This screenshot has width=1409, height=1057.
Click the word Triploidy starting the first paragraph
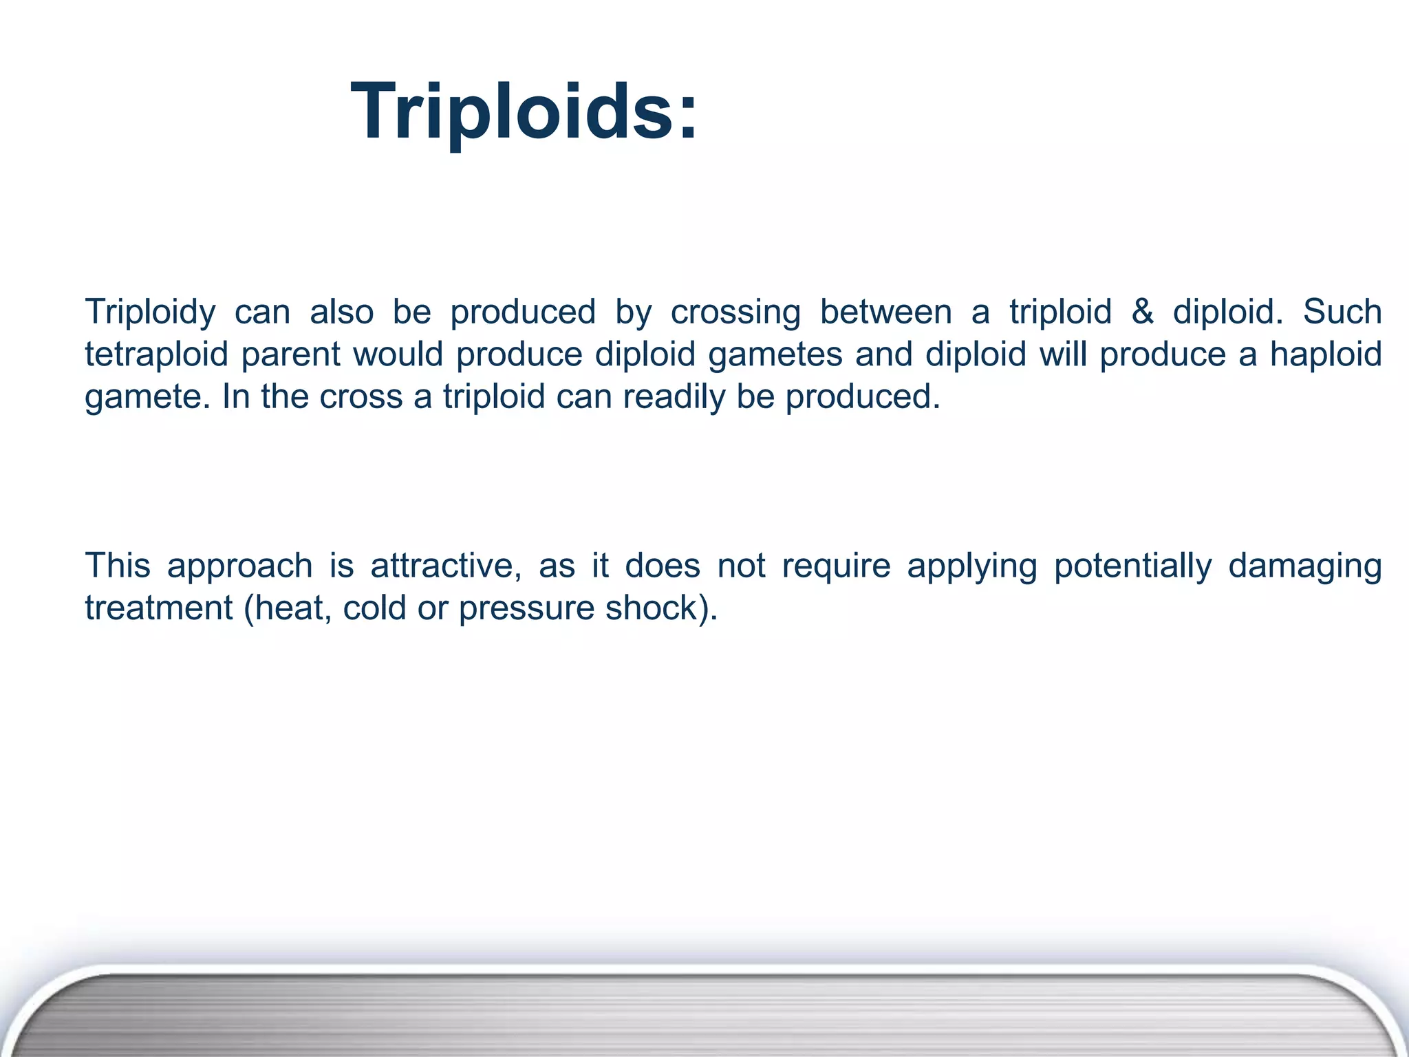[x=150, y=312]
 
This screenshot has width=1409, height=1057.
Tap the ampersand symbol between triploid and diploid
[x=1142, y=312]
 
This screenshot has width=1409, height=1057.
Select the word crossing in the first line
[x=735, y=312]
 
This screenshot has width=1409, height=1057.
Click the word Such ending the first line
[x=1342, y=312]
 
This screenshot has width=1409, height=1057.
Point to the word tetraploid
[x=156, y=355]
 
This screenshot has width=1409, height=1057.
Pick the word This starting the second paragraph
[x=118, y=566]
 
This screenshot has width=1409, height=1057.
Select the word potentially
[x=1132, y=566]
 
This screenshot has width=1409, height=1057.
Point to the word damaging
[x=1305, y=566]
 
